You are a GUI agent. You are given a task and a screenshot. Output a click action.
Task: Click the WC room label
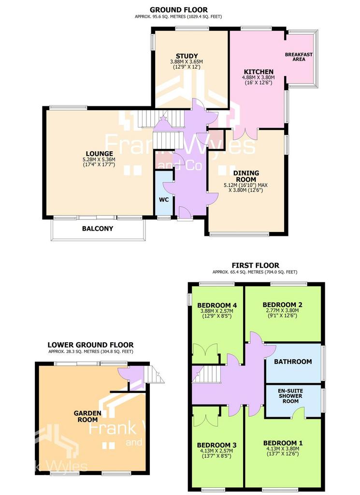click(x=164, y=200)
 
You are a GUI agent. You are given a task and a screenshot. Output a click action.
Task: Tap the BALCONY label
click(x=98, y=229)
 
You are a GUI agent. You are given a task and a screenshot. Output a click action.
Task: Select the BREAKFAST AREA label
click(x=299, y=57)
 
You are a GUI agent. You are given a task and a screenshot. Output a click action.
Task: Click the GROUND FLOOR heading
click(x=179, y=10)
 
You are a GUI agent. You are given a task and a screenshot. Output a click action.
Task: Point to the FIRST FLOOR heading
click(x=256, y=265)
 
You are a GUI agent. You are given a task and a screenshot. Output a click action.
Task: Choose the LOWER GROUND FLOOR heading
click(x=90, y=345)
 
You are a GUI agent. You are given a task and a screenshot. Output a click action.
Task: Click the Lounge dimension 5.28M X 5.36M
click(x=100, y=160)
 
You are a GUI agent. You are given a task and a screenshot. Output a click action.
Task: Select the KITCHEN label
click(x=259, y=72)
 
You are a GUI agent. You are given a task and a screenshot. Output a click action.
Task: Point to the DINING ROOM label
click(x=246, y=176)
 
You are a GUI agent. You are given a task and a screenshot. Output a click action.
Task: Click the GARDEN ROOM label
click(x=88, y=416)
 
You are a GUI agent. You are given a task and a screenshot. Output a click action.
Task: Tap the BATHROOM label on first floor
click(x=293, y=362)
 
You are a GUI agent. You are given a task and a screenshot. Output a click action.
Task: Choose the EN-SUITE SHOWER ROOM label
click(x=290, y=396)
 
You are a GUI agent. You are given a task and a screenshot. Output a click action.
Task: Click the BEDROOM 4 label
click(x=217, y=306)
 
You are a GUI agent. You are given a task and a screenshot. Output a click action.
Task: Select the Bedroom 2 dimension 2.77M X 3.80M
click(x=282, y=310)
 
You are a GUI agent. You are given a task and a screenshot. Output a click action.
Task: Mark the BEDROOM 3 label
click(x=217, y=445)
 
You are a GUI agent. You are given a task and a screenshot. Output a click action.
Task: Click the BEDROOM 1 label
click(x=283, y=443)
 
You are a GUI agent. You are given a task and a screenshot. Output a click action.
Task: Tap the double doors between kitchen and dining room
click(x=245, y=134)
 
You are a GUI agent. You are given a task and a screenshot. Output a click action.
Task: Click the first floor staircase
click(x=205, y=374)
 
